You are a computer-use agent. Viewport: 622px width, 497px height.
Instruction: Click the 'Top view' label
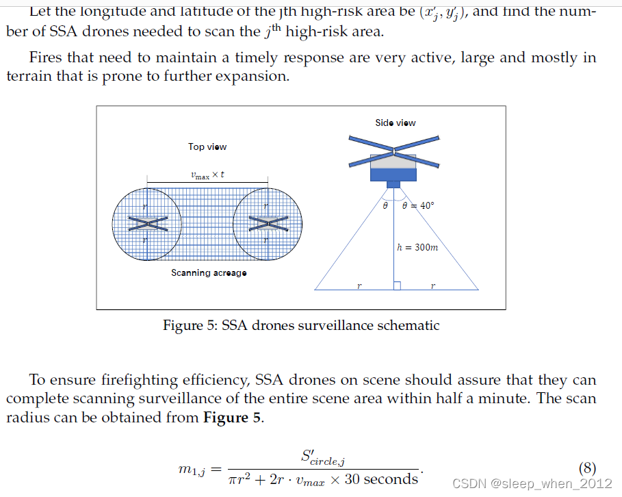(207, 146)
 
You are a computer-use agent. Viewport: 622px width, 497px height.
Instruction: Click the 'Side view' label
(395, 123)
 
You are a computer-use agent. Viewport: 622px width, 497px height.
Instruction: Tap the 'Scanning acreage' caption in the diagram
(209, 273)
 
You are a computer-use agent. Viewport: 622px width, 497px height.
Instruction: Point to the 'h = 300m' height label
(417, 247)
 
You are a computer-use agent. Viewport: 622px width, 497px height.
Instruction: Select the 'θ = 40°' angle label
(418, 205)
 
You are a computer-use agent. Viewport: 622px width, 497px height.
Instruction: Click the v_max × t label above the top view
(207, 175)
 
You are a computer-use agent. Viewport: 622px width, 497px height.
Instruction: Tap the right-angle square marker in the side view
(397, 285)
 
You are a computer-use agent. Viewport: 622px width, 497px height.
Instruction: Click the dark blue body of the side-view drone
(393, 174)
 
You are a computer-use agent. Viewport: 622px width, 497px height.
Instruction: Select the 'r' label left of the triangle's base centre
(359, 285)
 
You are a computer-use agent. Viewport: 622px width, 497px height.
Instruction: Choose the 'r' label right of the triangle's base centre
(432, 285)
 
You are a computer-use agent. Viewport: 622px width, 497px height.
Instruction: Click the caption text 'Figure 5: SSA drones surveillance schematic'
(301, 325)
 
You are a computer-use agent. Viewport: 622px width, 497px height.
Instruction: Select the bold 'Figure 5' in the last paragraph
(233, 418)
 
